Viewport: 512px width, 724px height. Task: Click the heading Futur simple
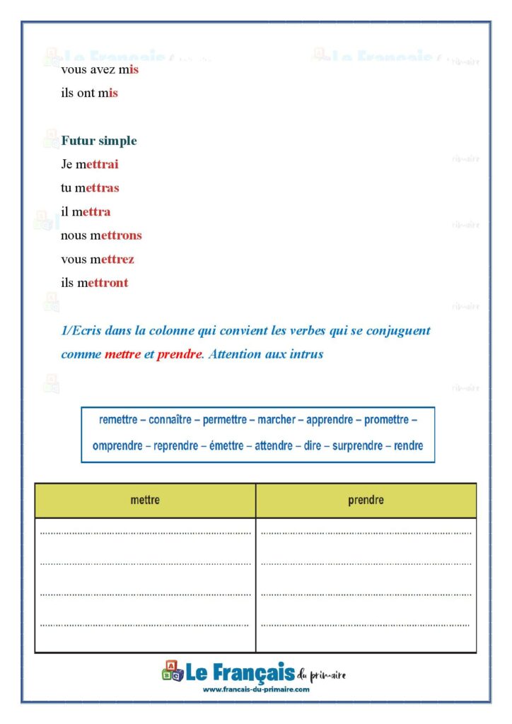pyautogui.click(x=98, y=141)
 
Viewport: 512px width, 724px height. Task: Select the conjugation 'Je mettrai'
pyautogui.click(x=89, y=165)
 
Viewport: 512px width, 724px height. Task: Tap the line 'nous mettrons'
pyautogui.click(x=101, y=235)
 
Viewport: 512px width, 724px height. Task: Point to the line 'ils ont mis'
pyautogui.click(x=89, y=93)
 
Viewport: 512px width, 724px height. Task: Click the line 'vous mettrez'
pyautogui.click(x=97, y=259)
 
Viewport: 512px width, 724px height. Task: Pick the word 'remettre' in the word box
pyautogui.click(x=118, y=420)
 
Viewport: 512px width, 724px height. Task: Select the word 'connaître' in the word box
pyautogui.click(x=170, y=420)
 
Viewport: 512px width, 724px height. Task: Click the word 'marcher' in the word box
pyautogui.click(x=277, y=420)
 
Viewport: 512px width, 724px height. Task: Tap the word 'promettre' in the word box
pyautogui.click(x=386, y=420)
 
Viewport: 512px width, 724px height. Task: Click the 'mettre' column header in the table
pyautogui.click(x=145, y=500)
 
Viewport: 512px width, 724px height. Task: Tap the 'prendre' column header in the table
pyautogui.click(x=366, y=500)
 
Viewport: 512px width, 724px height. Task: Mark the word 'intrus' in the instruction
pyautogui.click(x=306, y=354)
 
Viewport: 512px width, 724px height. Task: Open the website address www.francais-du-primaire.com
pyautogui.click(x=256, y=689)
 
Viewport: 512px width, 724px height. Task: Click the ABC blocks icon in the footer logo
pyautogui.click(x=173, y=671)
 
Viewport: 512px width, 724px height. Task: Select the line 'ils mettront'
pyautogui.click(x=94, y=283)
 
